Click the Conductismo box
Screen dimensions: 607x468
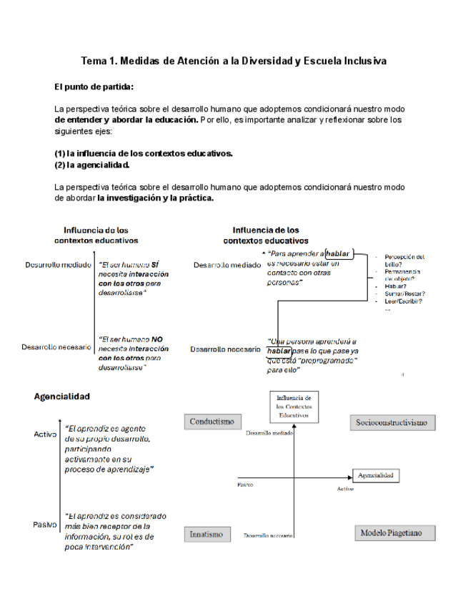212,422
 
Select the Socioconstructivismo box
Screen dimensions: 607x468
392,422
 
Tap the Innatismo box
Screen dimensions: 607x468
206,534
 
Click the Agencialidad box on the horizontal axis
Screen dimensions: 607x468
376,475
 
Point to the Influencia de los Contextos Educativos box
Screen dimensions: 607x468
294,406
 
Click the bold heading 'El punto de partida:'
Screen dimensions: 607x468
94,87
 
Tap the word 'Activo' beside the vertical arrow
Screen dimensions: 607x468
44,434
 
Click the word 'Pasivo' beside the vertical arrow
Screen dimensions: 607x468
44,524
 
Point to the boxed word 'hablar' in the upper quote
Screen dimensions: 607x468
338,253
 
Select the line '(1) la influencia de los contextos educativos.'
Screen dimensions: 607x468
144,153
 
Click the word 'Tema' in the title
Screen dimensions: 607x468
94,61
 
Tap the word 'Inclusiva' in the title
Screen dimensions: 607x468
362,61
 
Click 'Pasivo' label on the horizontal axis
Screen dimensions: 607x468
245,485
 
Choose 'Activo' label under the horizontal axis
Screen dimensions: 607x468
345,488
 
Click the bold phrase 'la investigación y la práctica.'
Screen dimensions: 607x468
156,198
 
